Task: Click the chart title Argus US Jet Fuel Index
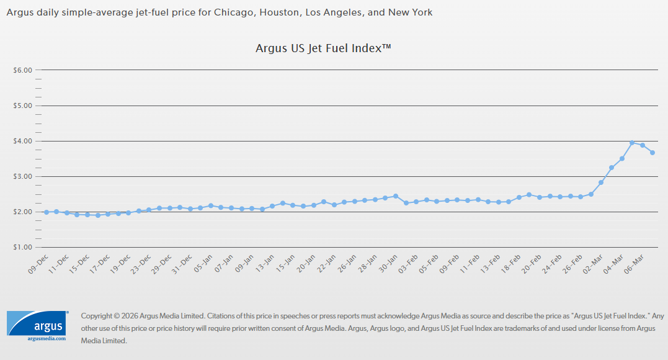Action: click(x=323, y=48)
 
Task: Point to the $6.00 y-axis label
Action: click(x=22, y=70)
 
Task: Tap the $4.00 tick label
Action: click(x=22, y=141)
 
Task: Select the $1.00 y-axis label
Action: click(x=22, y=247)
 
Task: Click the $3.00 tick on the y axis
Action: click(x=22, y=176)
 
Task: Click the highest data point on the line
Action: click(x=632, y=143)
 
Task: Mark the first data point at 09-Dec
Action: click(x=46, y=212)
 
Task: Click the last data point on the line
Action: click(x=652, y=153)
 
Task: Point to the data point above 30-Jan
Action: click(x=396, y=196)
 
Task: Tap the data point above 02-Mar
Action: click(x=601, y=182)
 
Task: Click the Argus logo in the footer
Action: click(x=38, y=324)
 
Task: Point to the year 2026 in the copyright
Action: click(x=131, y=315)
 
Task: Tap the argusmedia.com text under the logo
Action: click(x=46, y=339)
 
